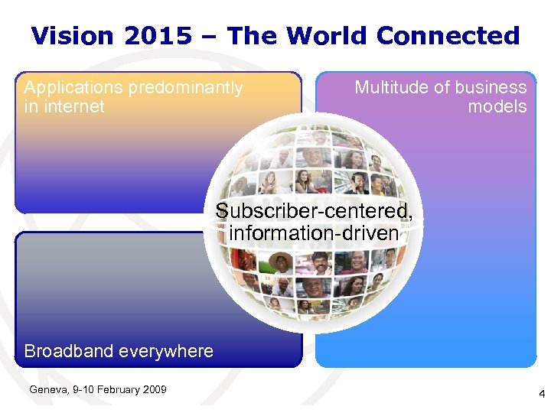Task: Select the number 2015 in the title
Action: coord(163,35)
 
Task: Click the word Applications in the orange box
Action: coord(73,88)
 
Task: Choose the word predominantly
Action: coord(185,88)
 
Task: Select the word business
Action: coord(490,88)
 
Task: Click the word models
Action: coord(497,106)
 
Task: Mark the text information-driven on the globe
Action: coord(314,232)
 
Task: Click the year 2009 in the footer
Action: coord(155,390)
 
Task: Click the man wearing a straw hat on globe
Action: coord(281,262)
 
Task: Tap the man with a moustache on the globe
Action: coord(320,265)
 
